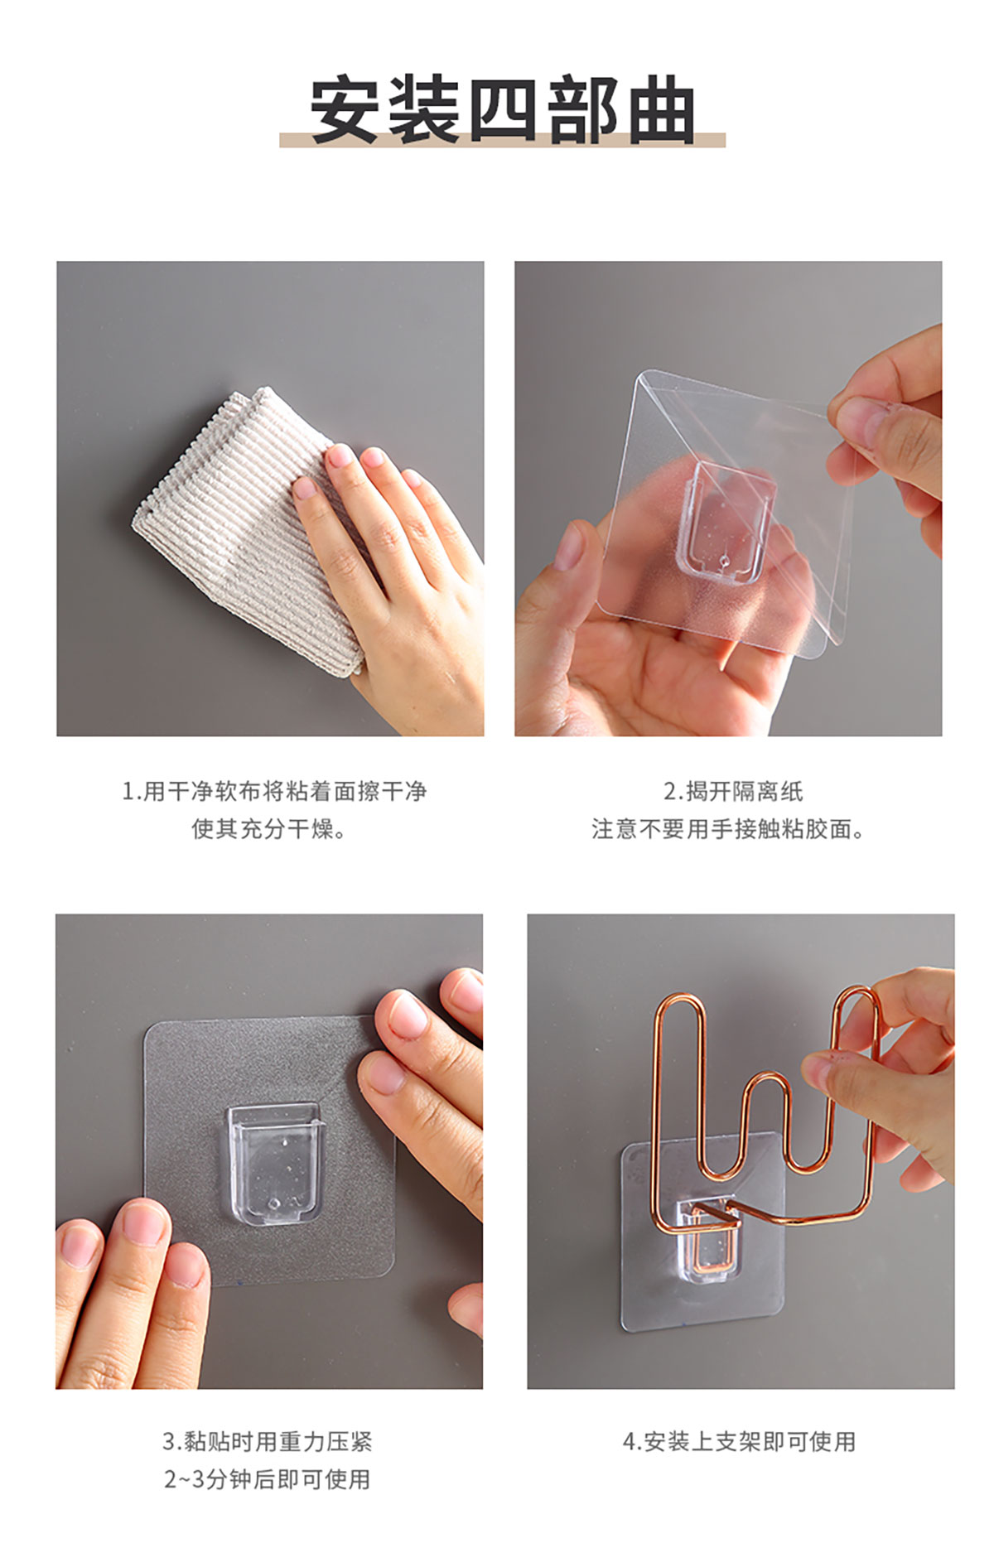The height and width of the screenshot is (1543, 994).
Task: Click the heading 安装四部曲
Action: tap(502, 110)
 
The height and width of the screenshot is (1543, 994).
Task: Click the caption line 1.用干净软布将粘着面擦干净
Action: tap(274, 792)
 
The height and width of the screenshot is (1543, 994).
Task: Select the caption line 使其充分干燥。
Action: tap(269, 829)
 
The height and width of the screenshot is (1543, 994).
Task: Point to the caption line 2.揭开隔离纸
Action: tap(733, 792)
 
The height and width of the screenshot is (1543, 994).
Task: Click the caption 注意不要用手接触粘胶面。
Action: tap(728, 829)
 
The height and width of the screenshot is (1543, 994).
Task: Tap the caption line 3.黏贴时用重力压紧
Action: tap(268, 1442)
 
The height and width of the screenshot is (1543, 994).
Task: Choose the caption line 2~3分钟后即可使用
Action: tap(268, 1479)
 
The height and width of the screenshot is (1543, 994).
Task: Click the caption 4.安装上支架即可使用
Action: tap(739, 1442)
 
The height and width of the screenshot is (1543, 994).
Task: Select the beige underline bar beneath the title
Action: tap(502, 140)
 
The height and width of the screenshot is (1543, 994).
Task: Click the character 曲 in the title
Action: tap(660, 110)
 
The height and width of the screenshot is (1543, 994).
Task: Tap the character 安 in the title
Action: tap(345, 110)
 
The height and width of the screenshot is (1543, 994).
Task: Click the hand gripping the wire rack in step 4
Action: tap(886, 1077)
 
